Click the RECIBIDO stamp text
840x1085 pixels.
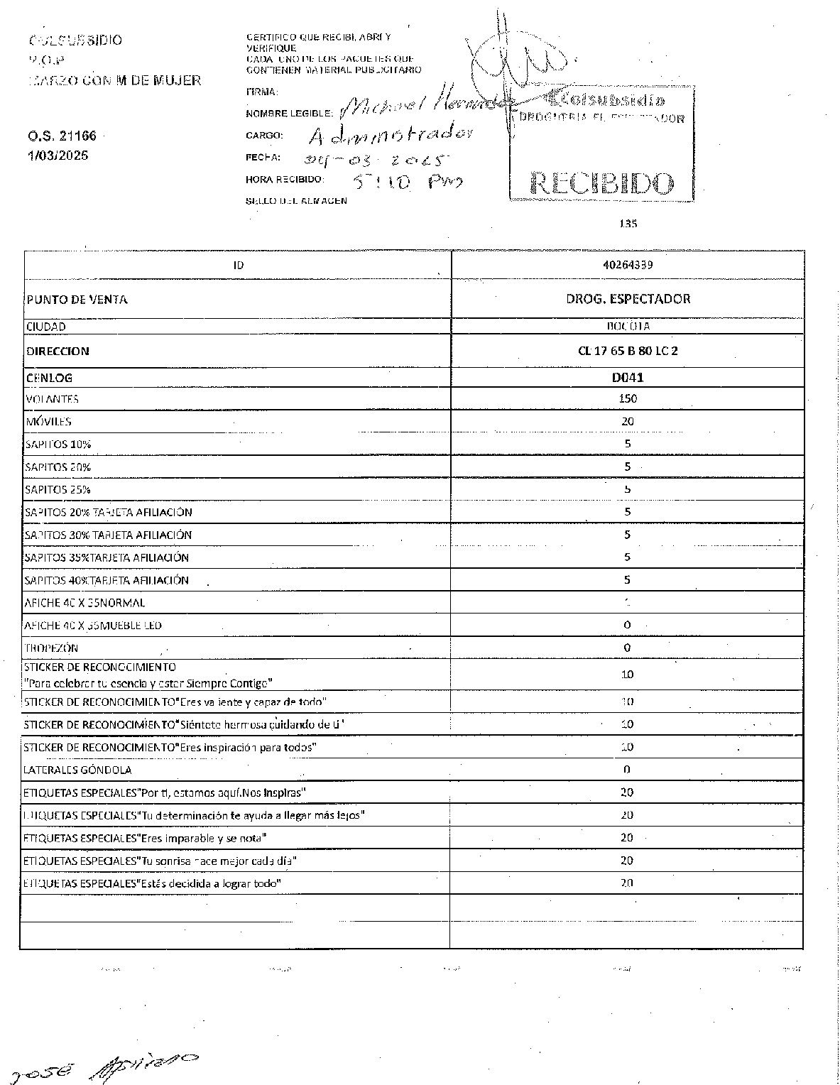601,185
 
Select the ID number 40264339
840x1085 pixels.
628,265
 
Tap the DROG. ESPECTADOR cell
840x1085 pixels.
628,299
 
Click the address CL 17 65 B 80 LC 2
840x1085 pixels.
628,351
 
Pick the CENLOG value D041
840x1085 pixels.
628,378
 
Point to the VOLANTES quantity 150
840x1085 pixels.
628,399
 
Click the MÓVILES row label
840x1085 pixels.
48,422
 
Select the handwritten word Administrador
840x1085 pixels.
391,135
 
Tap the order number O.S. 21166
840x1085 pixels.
62,136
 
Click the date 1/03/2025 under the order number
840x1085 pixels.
58,156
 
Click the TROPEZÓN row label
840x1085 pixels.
51,648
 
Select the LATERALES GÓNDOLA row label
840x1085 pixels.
77,770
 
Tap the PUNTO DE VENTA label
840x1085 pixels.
77,300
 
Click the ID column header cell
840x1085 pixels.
238,266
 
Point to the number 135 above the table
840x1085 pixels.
628,224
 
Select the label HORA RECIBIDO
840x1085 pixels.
285,180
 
